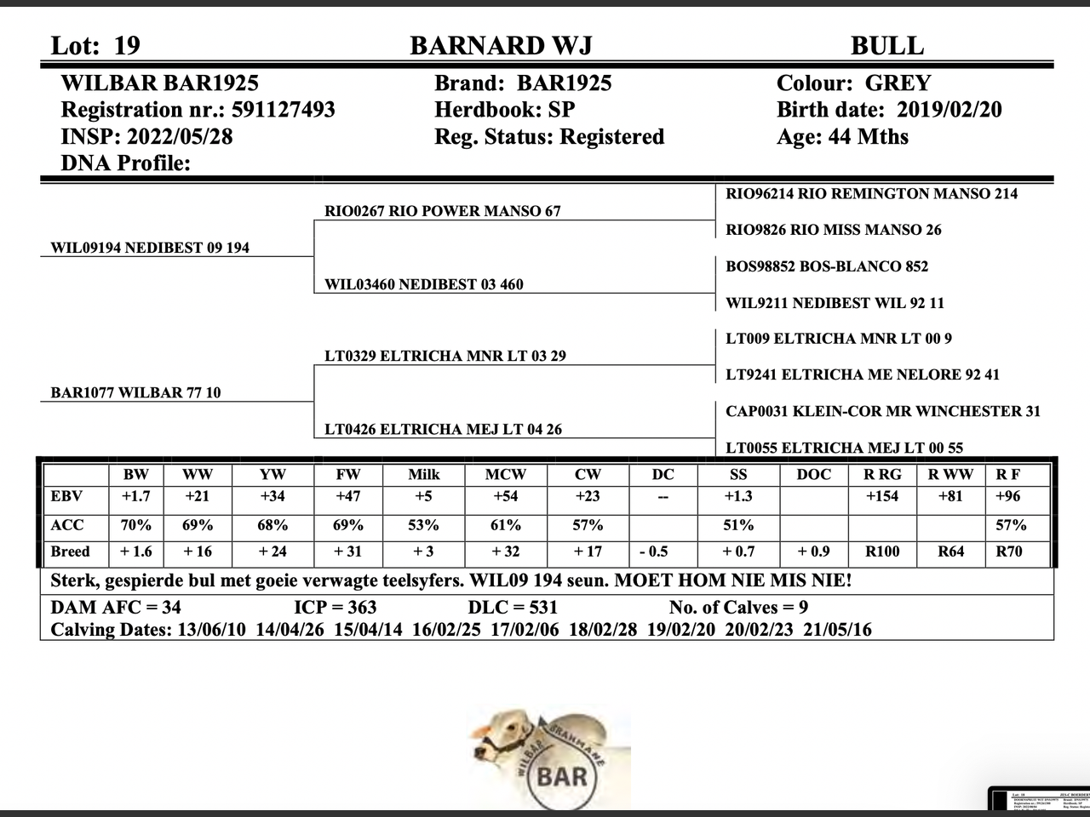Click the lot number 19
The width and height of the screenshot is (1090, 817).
pyautogui.click(x=126, y=46)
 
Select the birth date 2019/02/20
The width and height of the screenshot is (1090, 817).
pyautogui.click(x=949, y=110)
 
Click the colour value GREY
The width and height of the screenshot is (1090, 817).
pyautogui.click(x=898, y=83)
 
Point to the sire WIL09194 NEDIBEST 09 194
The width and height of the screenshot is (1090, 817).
pyautogui.click(x=150, y=248)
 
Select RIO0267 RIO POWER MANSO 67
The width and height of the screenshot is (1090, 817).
pyautogui.click(x=443, y=211)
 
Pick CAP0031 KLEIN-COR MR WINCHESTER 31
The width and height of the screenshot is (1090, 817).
pyautogui.click(x=882, y=411)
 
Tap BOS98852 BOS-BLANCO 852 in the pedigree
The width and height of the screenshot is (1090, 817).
pyautogui.click(x=826, y=266)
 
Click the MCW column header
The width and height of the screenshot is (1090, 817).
pyautogui.click(x=505, y=474)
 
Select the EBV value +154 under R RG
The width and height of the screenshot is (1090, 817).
pyautogui.click(x=881, y=496)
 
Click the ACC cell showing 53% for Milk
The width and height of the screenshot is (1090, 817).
pyautogui.click(x=423, y=525)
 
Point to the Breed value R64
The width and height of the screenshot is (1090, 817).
pyautogui.click(x=950, y=551)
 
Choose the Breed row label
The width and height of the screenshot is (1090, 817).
pyautogui.click(x=70, y=551)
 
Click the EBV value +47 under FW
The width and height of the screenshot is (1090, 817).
pyautogui.click(x=347, y=496)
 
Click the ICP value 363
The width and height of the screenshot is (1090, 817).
pyautogui.click(x=359, y=608)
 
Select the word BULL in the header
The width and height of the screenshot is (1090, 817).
pyautogui.click(x=886, y=46)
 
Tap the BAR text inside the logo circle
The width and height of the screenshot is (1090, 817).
pyautogui.click(x=562, y=776)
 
